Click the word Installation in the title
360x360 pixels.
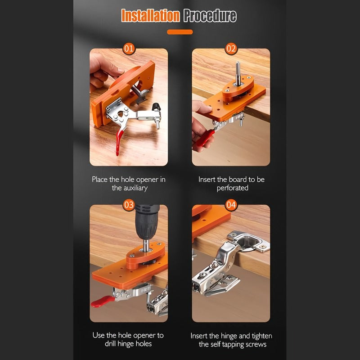click(x=150, y=16)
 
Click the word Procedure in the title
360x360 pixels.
click(x=210, y=16)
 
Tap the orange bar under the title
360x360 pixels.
click(x=180, y=32)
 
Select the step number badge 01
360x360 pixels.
click(x=129, y=48)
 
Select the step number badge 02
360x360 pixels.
click(x=231, y=48)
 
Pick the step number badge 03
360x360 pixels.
click(x=129, y=205)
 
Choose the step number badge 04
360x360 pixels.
click(x=231, y=205)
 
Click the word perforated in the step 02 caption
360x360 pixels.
click(x=232, y=188)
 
